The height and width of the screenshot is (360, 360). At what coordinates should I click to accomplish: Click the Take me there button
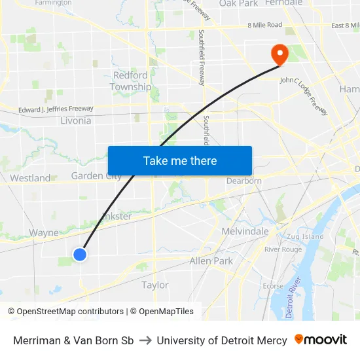[x=180, y=161]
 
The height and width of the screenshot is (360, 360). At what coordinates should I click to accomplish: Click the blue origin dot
[x=79, y=255]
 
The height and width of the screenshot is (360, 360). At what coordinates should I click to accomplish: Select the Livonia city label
[x=75, y=121]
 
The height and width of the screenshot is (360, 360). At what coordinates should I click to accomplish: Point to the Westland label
[x=30, y=178]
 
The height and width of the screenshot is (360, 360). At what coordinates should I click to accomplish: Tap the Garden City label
[x=96, y=175]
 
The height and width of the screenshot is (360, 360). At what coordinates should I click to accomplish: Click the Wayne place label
[x=45, y=232]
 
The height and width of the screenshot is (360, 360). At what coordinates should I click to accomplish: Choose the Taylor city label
[x=155, y=285]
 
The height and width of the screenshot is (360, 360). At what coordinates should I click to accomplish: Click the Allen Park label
[x=211, y=261]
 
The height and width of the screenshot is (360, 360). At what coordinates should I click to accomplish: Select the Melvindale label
[x=245, y=231]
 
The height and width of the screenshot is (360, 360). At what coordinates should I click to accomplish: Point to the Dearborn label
[x=244, y=181]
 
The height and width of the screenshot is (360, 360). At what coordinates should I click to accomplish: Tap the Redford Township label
[x=130, y=81]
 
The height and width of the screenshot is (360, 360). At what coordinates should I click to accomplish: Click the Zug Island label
[x=303, y=236]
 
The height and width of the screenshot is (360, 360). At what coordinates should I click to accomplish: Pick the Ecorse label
[x=273, y=285]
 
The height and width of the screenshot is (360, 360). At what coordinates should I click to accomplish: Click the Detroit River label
[x=295, y=298]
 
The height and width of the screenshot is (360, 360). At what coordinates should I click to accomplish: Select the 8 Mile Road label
[x=264, y=25]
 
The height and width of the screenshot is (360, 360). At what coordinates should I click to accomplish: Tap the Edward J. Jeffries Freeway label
[x=56, y=109]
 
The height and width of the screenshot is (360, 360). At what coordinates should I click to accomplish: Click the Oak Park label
[x=238, y=3]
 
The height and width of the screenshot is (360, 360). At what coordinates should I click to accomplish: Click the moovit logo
[x=321, y=340]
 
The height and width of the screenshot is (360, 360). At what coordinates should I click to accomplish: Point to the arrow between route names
[x=145, y=340]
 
